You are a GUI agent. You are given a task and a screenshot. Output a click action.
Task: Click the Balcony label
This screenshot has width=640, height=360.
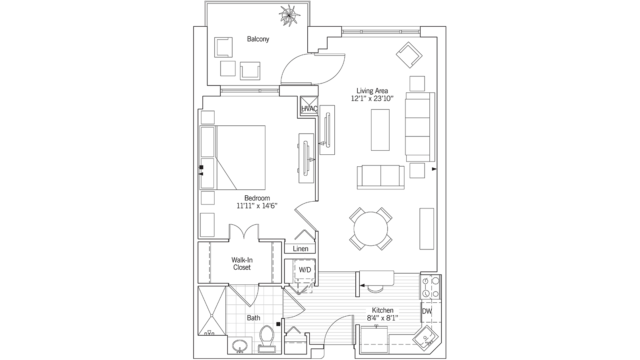[258, 39]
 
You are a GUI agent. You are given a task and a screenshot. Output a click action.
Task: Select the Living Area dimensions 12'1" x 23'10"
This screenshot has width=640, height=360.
[372, 99]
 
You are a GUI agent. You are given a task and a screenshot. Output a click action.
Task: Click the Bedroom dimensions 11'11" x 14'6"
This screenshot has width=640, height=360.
[257, 206]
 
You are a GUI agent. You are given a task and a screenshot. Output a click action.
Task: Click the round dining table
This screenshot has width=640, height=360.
[371, 229]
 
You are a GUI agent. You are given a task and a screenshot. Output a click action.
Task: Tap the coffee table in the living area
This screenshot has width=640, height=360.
[380, 130]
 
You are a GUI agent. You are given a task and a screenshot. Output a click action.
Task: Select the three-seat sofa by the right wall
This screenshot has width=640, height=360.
[419, 127]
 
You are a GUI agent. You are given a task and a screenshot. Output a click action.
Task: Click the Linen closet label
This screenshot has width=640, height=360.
[301, 249]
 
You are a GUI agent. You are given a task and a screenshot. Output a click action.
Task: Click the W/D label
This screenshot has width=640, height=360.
[305, 269]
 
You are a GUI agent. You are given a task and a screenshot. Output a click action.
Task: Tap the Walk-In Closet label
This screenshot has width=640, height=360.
[242, 264]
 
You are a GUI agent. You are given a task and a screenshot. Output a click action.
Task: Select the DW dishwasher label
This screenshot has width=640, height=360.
[427, 311]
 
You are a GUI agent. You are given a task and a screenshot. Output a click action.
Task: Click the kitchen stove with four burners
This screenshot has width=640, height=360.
[431, 287]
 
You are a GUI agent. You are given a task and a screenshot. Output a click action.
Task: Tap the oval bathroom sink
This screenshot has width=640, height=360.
[240, 346]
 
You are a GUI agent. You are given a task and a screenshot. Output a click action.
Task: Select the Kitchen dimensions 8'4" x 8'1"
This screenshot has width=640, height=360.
[382, 317]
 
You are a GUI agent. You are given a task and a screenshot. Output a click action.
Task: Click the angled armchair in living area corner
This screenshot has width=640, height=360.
[409, 54]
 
